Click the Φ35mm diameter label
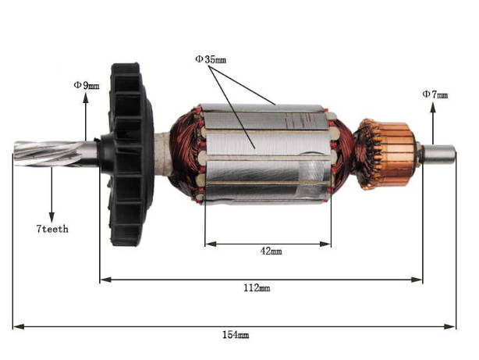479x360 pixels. point(211,59)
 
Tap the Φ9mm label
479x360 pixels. point(86,84)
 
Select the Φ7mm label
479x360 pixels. point(435,94)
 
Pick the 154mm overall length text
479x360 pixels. point(236,334)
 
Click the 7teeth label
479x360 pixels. point(52,229)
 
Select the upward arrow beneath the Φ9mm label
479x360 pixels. point(85,97)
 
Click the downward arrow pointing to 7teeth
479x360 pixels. point(51,214)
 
